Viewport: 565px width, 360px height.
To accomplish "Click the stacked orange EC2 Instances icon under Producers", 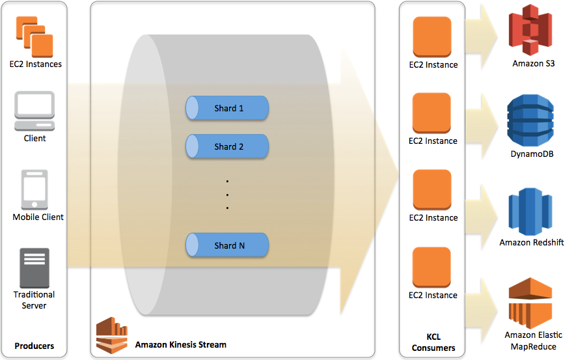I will coord(34,36).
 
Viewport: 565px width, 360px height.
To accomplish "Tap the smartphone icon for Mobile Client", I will coord(36,189).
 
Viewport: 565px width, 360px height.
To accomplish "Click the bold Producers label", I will coord(34,346).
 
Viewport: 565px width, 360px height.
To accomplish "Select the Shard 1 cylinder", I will coord(227,108).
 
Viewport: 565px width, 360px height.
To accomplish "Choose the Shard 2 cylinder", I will coord(227,146).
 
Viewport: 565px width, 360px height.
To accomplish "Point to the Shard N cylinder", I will coord(227,245).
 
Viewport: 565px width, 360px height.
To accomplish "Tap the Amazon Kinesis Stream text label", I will coord(180,344).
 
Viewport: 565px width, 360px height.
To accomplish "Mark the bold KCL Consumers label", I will coord(433,342).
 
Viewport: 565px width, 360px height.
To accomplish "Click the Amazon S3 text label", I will coord(532,64).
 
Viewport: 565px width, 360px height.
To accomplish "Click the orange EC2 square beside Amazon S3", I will coord(432,36).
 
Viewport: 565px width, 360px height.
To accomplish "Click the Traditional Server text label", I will coord(34,300).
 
